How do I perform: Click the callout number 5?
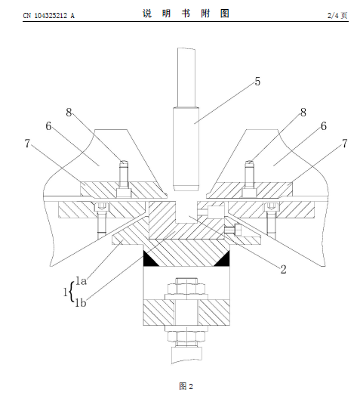257,82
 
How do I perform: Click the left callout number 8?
69,113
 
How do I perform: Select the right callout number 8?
303,113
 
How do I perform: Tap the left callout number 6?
48,126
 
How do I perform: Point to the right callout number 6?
324,126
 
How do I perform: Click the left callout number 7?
27,144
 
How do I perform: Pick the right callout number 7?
345,144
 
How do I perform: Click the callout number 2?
283,270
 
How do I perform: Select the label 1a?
81,281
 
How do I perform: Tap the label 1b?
81,302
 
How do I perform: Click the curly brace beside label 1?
72,292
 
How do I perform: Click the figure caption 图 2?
186,386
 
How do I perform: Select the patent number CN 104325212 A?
49,16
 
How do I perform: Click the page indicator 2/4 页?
337,16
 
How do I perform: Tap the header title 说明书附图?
186,14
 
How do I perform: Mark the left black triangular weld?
150,259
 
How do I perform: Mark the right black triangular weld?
223,259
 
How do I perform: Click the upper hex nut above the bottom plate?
186,289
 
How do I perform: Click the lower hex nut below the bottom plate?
186,336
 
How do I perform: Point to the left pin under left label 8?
124,174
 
